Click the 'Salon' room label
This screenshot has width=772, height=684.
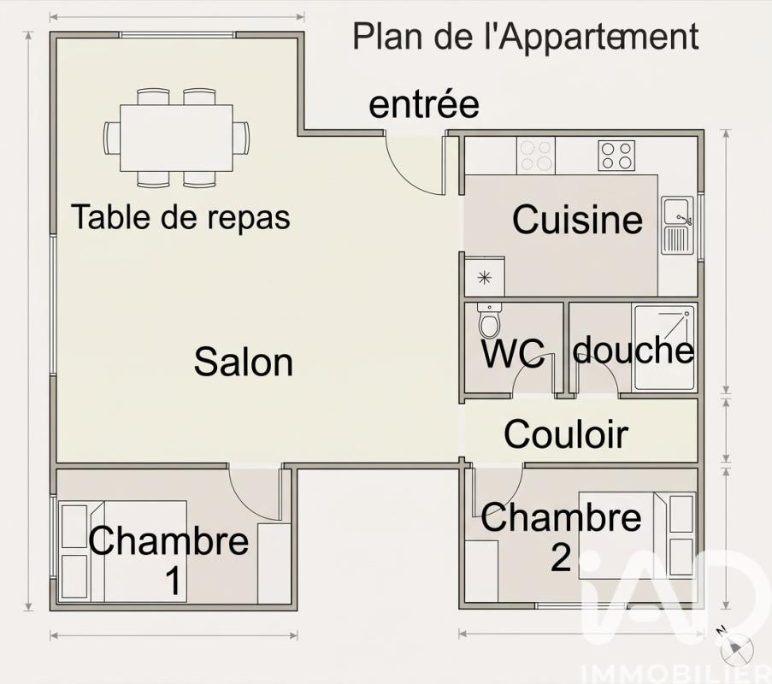(x=244, y=363)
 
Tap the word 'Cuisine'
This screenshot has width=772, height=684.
(x=577, y=220)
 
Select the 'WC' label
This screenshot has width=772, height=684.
(x=513, y=354)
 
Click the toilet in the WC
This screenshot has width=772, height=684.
(x=489, y=321)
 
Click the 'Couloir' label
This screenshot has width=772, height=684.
(x=566, y=434)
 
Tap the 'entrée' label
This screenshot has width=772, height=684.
(x=423, y=104)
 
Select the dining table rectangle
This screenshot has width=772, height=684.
(x=176, y=138)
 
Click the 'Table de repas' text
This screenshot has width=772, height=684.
(x=180, y=217)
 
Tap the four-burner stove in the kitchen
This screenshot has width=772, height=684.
(x=616, y=156)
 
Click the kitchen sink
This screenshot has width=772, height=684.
(x=677, y=225)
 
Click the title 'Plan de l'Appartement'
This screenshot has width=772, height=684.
(x=526, y=37)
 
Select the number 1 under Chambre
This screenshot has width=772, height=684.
(x=173, y=581)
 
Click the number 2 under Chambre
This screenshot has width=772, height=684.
(x=560, y=558)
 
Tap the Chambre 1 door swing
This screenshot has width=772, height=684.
(x=256, y=496)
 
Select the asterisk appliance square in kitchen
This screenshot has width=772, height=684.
(x=484, y=277)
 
